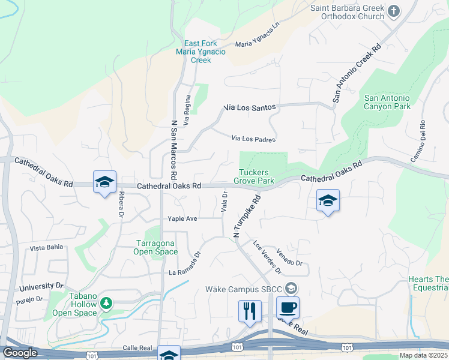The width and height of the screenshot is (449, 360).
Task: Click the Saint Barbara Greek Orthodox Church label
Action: pos(347,12)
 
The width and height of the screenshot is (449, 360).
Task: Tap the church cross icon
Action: pos(394,11)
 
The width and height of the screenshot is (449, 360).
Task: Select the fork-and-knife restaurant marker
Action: pos(250,311)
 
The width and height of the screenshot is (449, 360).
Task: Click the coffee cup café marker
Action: pos(288,307)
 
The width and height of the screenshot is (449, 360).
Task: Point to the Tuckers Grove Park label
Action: pos(254,176)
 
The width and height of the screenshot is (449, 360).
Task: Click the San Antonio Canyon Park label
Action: pos(387,102)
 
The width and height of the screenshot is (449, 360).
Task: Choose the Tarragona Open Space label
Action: pos(155,247)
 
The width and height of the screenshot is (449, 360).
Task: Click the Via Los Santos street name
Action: pos(250,107)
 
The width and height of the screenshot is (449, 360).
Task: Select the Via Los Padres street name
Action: pos(253,139)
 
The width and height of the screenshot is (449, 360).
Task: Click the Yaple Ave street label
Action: pos(182,219)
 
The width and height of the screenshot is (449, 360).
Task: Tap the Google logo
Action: pos(20,353)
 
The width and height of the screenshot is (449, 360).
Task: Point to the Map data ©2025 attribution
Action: pos(423,355)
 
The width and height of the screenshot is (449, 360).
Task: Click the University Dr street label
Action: pos(41,287)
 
